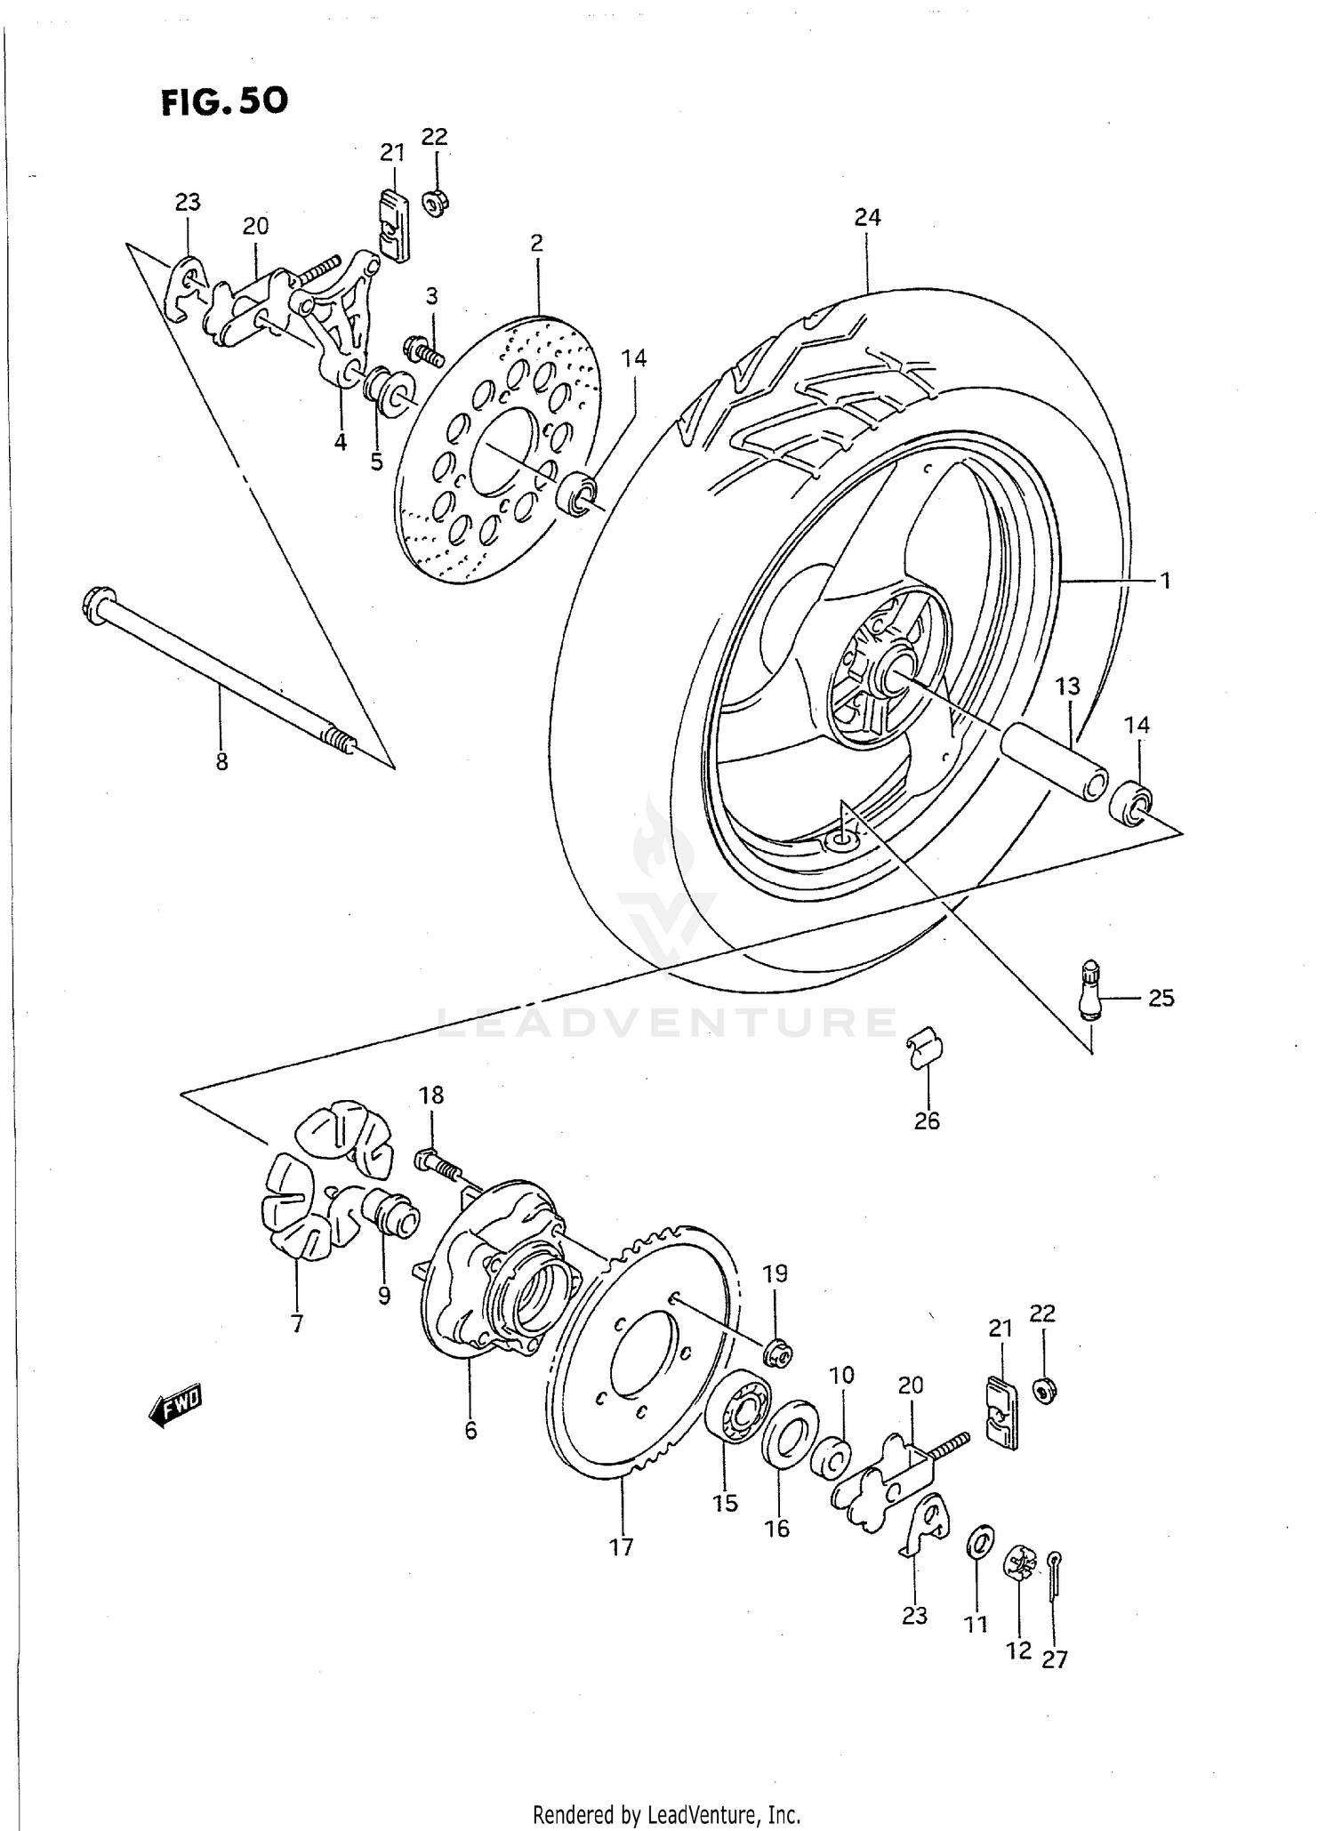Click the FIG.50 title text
[224, 100]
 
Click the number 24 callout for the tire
[867, 217]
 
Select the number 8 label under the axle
[221, 761]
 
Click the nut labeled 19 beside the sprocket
[778, 1354]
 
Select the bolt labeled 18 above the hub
[435, 1163]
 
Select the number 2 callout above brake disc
[536, 243]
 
